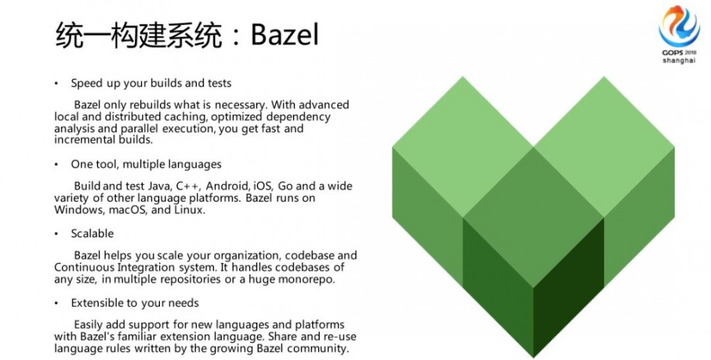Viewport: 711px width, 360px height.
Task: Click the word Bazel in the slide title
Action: click(285, 35)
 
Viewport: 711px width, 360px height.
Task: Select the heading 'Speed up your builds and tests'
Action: click(151, 83)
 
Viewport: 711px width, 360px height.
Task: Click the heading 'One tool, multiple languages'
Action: click(146, 164)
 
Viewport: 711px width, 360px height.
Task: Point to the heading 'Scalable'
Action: click(92, 233)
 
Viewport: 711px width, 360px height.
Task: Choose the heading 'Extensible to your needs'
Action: click(134, 303)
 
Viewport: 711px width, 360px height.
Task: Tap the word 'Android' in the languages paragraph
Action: click(228, 186)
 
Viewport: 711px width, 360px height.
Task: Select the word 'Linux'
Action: click(189, 210)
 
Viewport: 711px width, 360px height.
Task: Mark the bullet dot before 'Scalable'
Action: click(57, 234)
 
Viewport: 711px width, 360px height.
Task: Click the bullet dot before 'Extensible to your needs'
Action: click(57, 303)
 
